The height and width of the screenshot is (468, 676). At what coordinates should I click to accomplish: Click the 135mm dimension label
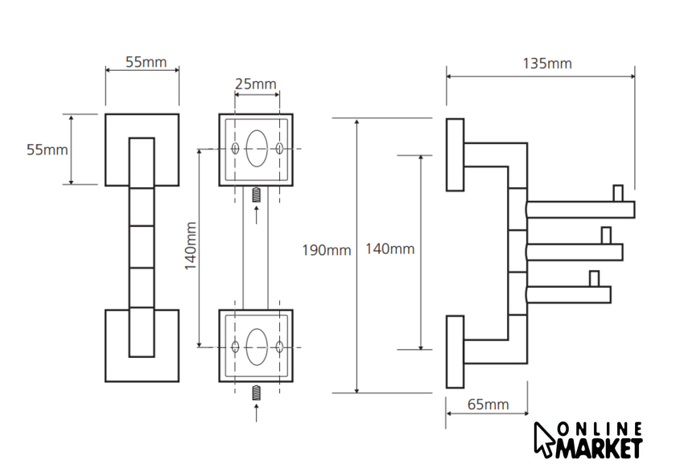[x=547, y=63]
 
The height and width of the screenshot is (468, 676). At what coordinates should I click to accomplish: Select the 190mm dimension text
[x=326, y=250]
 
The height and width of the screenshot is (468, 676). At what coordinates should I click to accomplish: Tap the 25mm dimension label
[x=256, y=84]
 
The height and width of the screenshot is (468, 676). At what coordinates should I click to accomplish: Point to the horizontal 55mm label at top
[x=146, y=62]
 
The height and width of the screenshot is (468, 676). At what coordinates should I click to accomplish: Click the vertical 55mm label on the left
[x=47, y=150]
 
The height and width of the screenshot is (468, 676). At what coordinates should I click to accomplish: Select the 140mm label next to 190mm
[x=390, y=249]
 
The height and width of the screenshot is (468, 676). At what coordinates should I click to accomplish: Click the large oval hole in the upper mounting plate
[x=257, y=149]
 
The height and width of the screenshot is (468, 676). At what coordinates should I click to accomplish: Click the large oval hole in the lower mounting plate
[x=257, y=345]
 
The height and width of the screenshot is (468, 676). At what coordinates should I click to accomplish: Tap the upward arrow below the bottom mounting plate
[x=257, y=413]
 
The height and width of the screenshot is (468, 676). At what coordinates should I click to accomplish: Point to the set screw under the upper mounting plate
[x=257, y=195]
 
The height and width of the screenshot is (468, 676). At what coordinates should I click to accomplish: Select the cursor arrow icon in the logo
[x=544, y=439]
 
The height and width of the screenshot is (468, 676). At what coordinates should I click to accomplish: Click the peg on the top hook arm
[x=618, y=193]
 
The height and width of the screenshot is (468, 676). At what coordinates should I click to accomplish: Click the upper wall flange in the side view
[x=455, y=154]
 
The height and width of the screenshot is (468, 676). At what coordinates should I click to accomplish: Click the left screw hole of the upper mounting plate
[x=235, y=150]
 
